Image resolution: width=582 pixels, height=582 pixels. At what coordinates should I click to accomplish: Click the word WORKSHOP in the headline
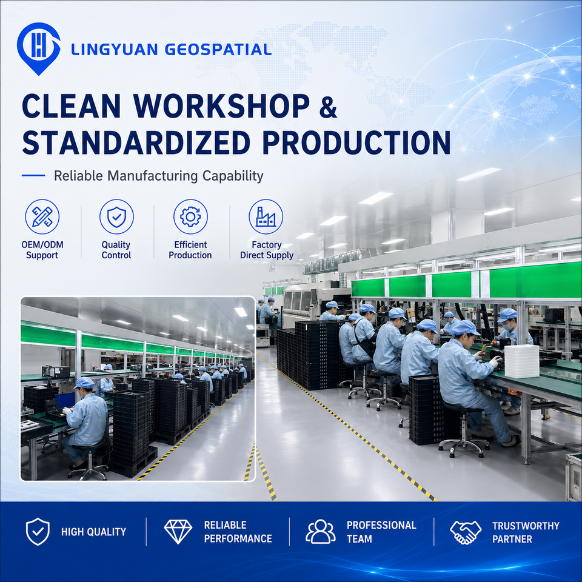[x=222, y=106]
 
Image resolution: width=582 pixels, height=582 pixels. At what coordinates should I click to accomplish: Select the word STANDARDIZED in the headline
[x=136, y=142]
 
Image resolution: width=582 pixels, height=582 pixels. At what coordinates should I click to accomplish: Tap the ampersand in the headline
[x=328, y=107]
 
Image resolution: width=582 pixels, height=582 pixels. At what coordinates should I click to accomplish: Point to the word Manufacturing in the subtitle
[x=158, y=176]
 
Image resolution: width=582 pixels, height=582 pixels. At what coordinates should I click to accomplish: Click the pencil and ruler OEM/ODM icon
[x=42, y=217]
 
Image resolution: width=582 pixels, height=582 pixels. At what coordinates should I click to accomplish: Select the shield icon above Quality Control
[x=116, y=217]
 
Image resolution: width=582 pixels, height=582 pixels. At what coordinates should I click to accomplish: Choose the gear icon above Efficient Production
[x=190, y=217]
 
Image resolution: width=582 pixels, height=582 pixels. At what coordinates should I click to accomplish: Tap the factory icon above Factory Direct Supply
[x=266, y=217]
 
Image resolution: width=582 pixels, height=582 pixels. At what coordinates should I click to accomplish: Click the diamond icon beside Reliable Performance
[x=178, y=532]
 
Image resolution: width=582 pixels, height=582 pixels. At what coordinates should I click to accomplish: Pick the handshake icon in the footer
[x=466, y=532]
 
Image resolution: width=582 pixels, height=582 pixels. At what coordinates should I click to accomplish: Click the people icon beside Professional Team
[x=321, y=532]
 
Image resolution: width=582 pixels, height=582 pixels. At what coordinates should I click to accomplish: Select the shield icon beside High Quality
[x=38, y=532]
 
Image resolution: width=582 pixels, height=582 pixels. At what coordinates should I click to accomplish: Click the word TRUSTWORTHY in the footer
[x=526, y=526]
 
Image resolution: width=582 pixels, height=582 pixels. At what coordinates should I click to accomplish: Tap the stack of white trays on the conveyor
[x=521, y=361]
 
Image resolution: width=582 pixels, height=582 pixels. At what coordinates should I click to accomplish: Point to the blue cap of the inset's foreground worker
[x=85, y=383]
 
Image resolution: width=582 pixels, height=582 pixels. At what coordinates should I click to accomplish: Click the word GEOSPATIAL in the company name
[x=218, y=49]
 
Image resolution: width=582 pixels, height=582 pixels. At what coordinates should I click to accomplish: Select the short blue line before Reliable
[x=33, y=176]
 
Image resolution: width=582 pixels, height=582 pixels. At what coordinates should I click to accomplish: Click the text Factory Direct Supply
[x=267, y=250]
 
